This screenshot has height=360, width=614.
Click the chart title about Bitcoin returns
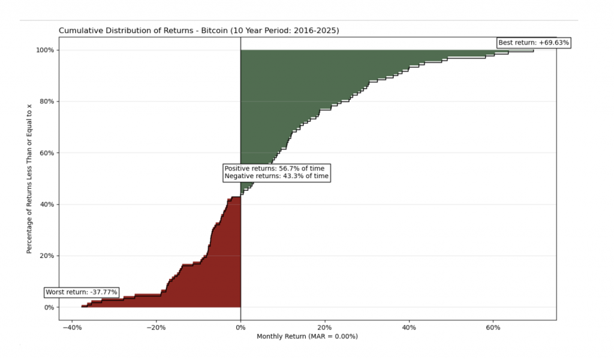coord(198,30)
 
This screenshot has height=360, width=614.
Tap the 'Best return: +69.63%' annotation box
coord(534,43)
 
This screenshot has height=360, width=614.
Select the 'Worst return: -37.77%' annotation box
coord(82,292)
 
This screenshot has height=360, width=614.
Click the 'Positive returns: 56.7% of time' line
coord(274,169)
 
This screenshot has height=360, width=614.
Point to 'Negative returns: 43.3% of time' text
coord(276,176)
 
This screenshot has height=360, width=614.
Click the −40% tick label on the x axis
coord(72,328)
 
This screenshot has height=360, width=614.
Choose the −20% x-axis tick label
coord(156,328)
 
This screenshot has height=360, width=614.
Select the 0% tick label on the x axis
coord(240,328)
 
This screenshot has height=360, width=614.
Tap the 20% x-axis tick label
coord(324,328)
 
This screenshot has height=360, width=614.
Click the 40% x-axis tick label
coord(409,328)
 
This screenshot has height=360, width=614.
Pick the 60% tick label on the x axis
coord(493,328)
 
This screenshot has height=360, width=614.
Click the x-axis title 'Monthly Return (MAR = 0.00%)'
coord(307,337)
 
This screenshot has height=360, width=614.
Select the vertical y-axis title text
coord(29,178)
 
